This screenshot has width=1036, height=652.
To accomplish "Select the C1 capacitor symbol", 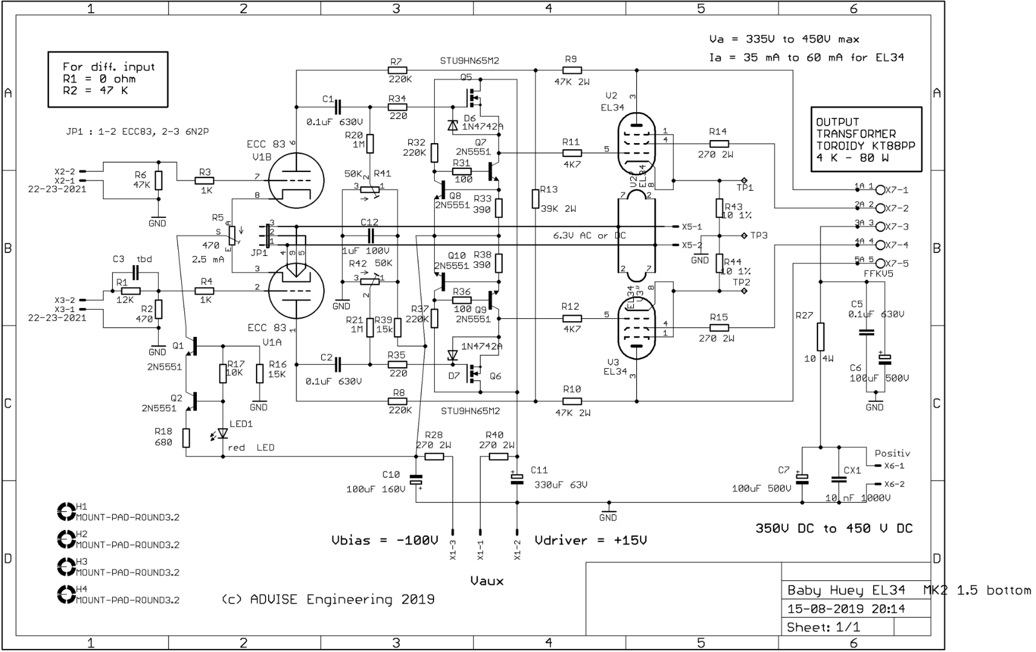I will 337,107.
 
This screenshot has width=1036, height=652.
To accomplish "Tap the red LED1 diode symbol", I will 223,433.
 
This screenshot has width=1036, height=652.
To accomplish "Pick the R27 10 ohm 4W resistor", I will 820,336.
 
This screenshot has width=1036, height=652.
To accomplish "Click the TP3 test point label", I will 758,235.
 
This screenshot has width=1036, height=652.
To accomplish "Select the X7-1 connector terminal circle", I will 880,190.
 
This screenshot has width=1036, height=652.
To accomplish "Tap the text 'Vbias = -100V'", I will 385,540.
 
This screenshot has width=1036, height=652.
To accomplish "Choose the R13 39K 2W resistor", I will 536,199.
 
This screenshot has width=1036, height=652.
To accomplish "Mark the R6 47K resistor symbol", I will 158,180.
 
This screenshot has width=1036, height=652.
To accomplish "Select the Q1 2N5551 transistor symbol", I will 193,347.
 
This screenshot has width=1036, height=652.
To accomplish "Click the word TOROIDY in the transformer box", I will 843,145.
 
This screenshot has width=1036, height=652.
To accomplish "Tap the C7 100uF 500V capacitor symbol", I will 802,479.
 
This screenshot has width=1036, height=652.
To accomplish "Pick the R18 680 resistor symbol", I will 186,438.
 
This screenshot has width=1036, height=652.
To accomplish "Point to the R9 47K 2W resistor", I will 571,71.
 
